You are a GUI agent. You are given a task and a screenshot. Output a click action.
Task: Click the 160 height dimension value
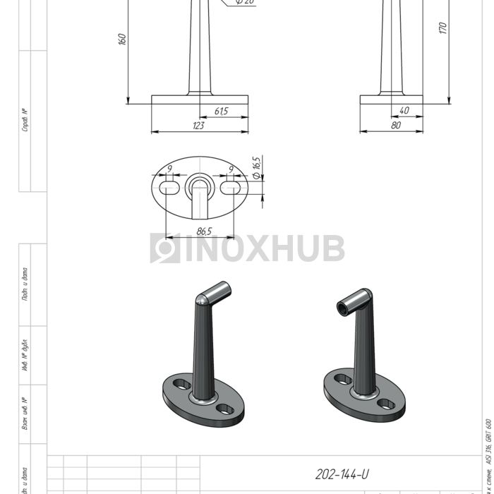coord(121,39)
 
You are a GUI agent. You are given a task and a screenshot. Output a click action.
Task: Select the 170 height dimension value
coord(442,28)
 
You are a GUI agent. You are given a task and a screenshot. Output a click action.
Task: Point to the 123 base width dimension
coord(198,126)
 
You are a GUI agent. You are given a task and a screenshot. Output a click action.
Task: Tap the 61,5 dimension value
coord(221,111)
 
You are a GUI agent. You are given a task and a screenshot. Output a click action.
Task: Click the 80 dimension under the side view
coord(395,125)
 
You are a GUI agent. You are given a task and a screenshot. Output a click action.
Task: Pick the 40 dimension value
coord(404,110)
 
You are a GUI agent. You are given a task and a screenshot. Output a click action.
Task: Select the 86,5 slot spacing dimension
coord(205,231)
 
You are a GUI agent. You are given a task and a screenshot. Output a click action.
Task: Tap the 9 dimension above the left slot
coord(169,169)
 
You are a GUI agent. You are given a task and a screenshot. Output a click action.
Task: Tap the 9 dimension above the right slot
coord(231,169)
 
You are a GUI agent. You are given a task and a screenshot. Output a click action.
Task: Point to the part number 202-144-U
coord(342,474)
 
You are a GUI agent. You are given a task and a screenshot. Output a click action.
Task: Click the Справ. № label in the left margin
coord(25,120)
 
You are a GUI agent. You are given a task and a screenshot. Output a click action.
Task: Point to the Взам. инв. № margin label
coord(25,416)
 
